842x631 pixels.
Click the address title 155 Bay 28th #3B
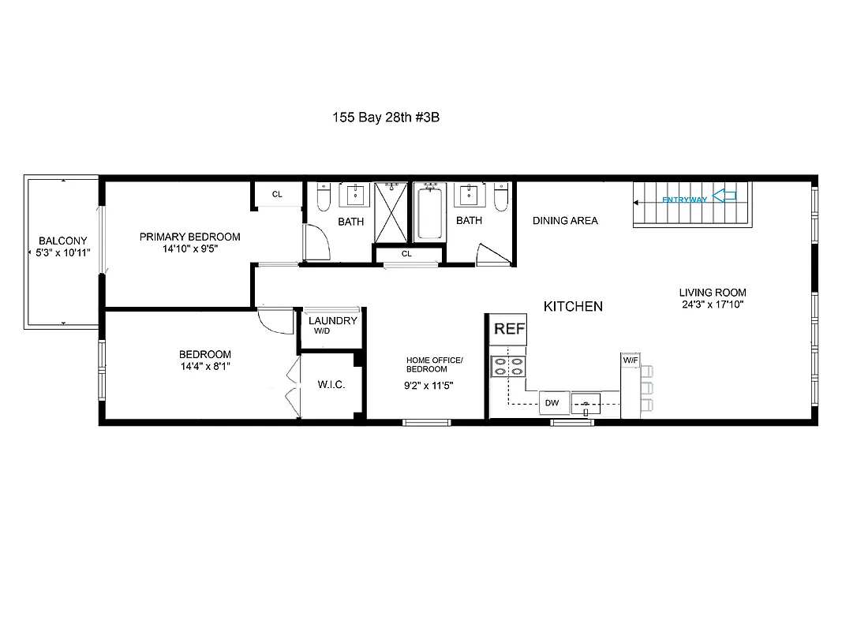pyautogui.click(x=391, y=117)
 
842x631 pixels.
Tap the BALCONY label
pyautogui.click(x=64, y=241)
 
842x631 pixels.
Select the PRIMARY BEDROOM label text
pyautogui.click(x=189, y=237)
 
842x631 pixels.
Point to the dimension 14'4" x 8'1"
pyautogui.click(x=204, y=366)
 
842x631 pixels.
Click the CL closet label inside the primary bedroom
pyautogui.click(x=277, y=194)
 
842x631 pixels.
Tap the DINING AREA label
pyautogui.click(x=564, y=221)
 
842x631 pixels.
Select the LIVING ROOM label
pyautogui.click(x=713, y=292)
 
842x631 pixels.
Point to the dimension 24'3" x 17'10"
pyautogui.click(x=713, y=304)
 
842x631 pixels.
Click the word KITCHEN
pyautogui.click(x=574, y=306)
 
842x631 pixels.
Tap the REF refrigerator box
pyautogui.click(x=509, y=329)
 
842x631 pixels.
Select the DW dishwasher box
pyautogui.click(x=552, y=403)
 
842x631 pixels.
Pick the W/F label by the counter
pyautogui.click(x=631, y=360)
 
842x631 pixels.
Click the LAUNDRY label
pyautogui.click(x=332, y=321)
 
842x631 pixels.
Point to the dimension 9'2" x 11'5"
pyautogui.click(x=428, y=386)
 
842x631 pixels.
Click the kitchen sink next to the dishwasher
pyautogui.click(x=586, y=403)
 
